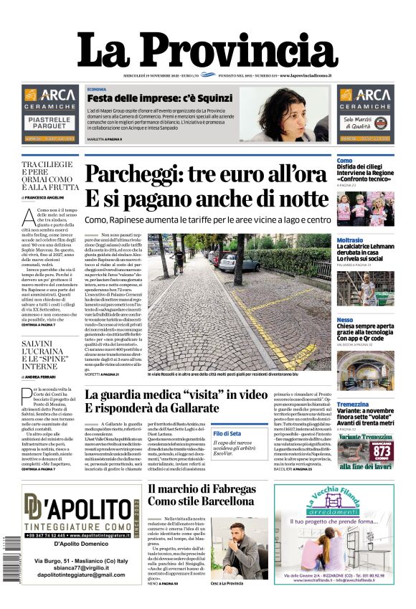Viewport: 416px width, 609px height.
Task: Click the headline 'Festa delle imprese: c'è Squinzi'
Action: tap(160, 98)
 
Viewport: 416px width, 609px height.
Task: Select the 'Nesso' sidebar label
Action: tap(344, 319)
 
